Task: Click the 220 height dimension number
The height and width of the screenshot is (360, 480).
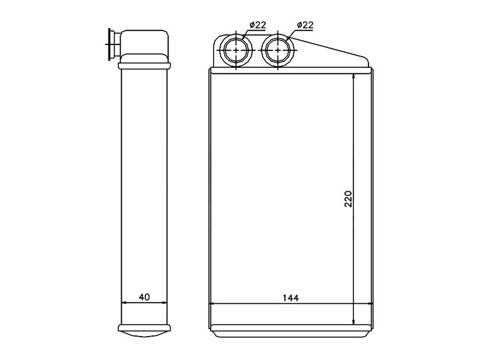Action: click(349, 199)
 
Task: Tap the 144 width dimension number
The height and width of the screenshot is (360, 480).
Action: click(290, 298)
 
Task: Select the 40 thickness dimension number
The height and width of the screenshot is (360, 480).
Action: click(145, 297)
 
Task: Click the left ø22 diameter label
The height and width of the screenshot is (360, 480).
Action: click(258, 25)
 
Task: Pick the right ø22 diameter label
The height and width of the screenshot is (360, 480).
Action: click(305, 25)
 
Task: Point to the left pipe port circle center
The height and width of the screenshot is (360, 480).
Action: click(236, 50)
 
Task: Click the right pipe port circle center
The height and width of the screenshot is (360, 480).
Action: click(278, 50)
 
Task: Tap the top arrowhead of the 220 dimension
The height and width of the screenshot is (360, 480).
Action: click(353, 77)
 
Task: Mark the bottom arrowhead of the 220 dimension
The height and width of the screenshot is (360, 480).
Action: click(353, 321)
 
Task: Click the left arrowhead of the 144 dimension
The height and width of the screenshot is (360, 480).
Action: click(212, 304)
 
